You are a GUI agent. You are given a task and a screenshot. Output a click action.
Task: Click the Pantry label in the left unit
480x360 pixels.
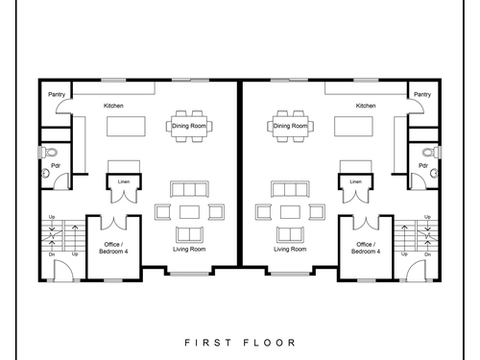click(x=57, y=94)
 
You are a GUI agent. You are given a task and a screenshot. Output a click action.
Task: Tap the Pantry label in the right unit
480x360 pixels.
click(x=422, y=94)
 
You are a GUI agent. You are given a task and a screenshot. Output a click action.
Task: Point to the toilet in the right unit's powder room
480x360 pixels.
click(x=431, y=152)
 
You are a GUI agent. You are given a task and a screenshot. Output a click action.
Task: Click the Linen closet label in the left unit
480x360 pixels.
click(x=124, y=181)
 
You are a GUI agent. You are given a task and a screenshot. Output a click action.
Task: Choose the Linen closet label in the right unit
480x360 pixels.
click(x=355, y=181)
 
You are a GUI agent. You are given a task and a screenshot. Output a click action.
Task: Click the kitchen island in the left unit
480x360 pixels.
click(x=126, y=126)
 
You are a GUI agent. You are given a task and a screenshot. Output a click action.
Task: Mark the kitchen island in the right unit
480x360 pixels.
click(x=353, y=126)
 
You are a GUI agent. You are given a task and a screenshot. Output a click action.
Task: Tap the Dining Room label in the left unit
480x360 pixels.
click(x=189, y=126)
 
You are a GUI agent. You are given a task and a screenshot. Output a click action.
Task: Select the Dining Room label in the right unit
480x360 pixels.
click(x=290, y=126)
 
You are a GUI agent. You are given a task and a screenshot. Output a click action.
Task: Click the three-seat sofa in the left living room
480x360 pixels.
click(x=189, y=189)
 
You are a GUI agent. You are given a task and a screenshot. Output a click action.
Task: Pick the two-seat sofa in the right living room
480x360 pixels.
click(x=290, y=234)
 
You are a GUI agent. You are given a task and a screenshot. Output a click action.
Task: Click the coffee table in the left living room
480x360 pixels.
click(x=189, y=212)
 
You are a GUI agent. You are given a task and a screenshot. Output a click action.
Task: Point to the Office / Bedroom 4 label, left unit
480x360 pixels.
click(x=113, y=248)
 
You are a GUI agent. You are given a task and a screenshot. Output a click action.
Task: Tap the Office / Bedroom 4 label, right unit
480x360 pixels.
click(x=366, y=248)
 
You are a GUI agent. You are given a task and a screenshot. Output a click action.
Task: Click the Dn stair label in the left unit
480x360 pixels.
click(x=52, y=254)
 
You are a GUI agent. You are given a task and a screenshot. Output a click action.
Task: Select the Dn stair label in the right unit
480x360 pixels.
click(x=428, y=254)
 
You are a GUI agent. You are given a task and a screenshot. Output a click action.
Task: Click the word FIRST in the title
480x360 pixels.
click(x=208, y=343)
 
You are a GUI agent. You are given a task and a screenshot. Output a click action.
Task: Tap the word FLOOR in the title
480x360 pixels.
click(x=270, y=343)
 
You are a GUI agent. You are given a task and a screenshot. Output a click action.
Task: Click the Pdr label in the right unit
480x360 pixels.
click(x=423, y=165)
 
